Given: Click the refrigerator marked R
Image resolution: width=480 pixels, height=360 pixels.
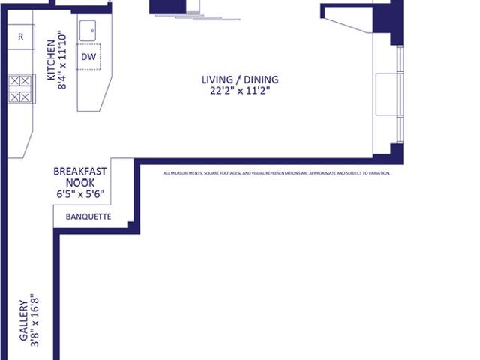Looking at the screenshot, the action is pyautogui.click(x=20, y=37).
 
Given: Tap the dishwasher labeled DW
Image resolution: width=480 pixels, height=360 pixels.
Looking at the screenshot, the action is pyautogui.click(x=88, y=57).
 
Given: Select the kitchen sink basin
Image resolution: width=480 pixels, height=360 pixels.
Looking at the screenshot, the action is pyautogui.click(x=88, y=31).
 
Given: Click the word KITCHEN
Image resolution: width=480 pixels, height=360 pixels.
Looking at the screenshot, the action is pyautogui.click(x=51, y=60).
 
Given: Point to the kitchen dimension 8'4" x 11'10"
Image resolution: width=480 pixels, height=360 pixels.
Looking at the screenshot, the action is pyautogui.click(x=61, y=60).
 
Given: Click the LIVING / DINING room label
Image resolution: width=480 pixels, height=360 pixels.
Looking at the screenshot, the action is pyautogui.click(x=240, y=79).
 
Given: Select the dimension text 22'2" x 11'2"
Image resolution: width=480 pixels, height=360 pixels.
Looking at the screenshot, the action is pyautogui.click(x=240, y=91).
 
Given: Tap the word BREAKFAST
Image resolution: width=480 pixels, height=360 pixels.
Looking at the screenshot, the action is pyautogui.click(x=80, y=172).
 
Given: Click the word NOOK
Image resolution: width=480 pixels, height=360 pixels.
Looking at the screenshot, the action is pyautogui.click(x=80, y=183).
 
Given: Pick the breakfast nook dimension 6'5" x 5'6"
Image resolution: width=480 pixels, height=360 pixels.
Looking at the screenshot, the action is pyautogui.click(x=80, y=194).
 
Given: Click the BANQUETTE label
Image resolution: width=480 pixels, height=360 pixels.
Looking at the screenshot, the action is pyautogui.click(x=88, y=217).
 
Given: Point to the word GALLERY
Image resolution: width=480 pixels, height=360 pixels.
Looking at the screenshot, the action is pyautogui.click(x=24, y=320).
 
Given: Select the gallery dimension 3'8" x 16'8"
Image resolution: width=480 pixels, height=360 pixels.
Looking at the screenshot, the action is pyautogui.click(x=34, y=320).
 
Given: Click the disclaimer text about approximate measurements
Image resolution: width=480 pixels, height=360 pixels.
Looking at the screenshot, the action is pyautogui.click(x=277, y=173).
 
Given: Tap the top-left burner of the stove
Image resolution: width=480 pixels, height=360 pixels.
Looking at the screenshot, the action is pyautogui.click(x=15, y=81).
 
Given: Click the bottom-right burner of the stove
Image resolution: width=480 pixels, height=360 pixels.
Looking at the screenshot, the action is pyautogui.click(x=25, y=97).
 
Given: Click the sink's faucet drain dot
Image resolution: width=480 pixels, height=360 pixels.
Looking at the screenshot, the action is pyautogui.click(x=92, y=31).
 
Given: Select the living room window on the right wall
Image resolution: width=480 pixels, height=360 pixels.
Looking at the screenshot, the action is pyautogui.click(x=400, y=94).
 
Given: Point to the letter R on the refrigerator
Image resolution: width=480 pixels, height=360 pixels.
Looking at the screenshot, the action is pyautogui.click(x=20, y=37).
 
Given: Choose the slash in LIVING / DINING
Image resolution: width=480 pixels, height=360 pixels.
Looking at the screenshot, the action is pyautogui.click(x=238, y=79).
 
